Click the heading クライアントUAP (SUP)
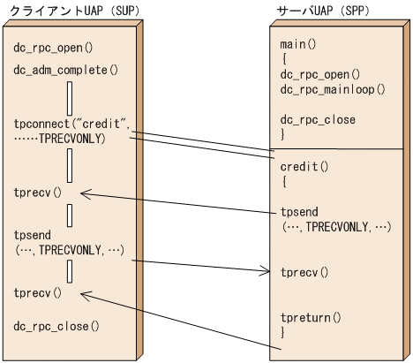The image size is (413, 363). [x=67, y=8]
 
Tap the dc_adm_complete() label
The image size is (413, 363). [x=65, y=68]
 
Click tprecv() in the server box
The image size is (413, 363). [x=304, y=272]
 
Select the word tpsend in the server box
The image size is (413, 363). [x=297, y=212]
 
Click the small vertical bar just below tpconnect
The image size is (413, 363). [x=69, y=165]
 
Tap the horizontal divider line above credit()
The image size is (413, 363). [x=339, y=150]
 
